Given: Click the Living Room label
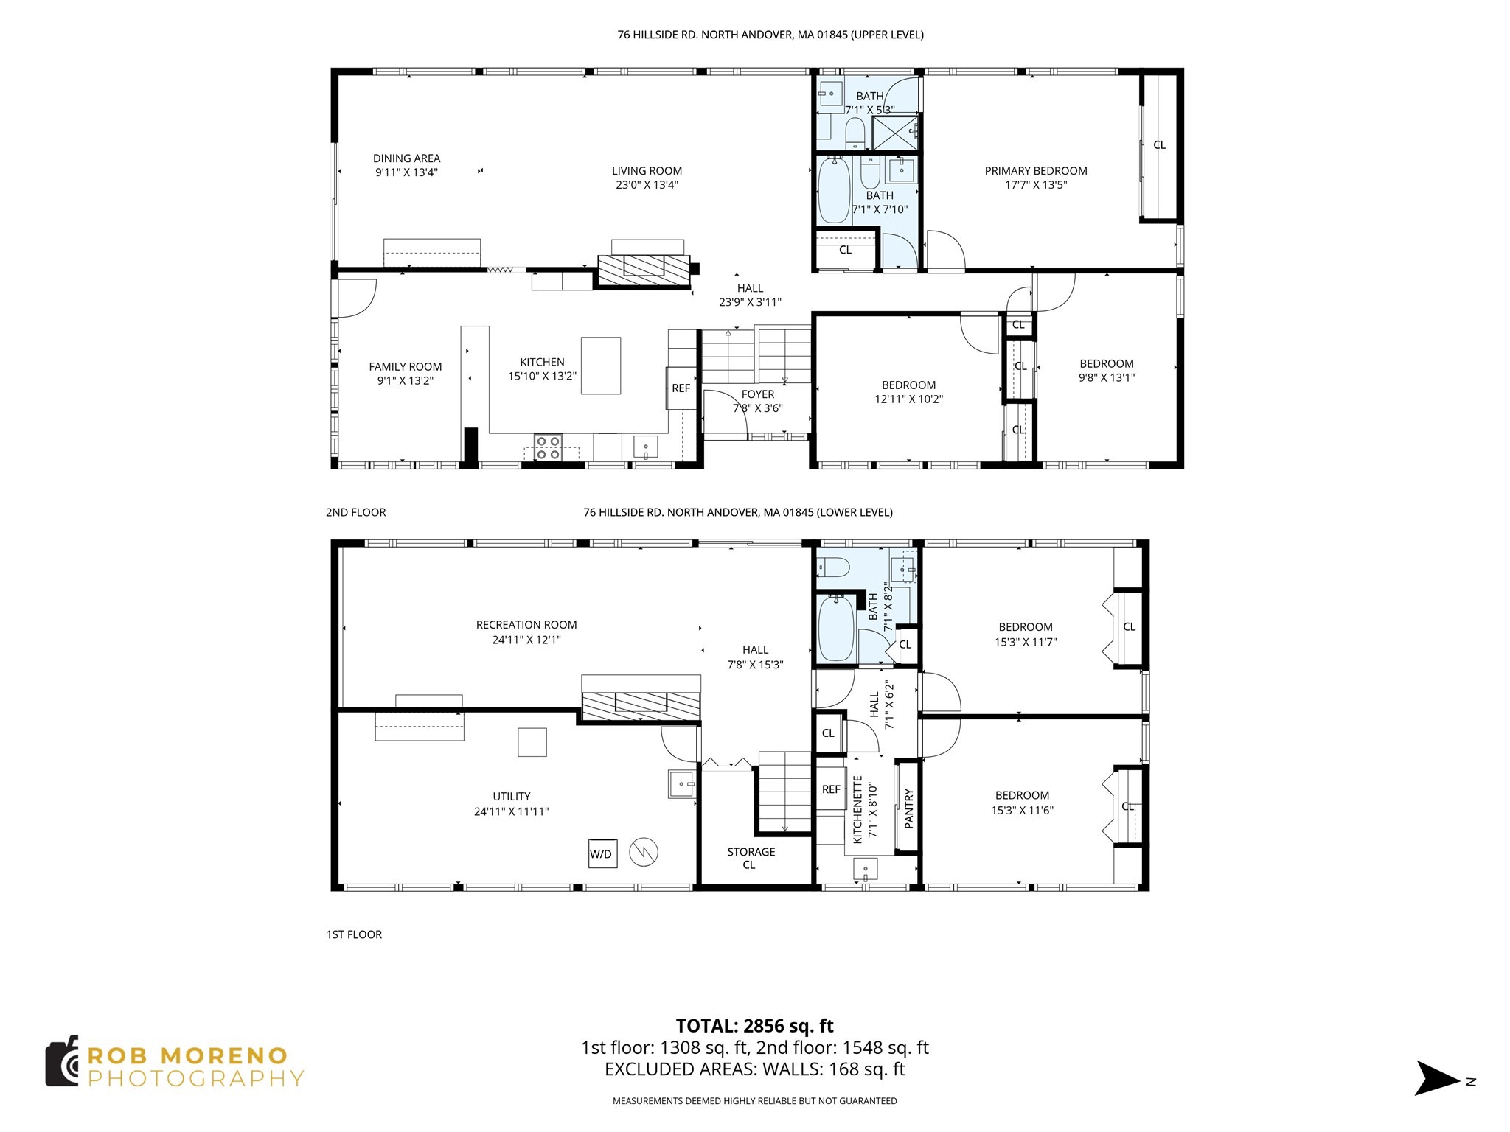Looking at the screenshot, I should click(647, 170).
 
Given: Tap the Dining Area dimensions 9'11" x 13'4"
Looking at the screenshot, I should click(406, 172).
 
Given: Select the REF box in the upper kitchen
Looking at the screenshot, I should click(681, 388).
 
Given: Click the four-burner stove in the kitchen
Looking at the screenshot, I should click(548, 447).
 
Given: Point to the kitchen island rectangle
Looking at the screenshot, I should click(600, 366).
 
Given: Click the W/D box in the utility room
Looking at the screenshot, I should click(602, 853).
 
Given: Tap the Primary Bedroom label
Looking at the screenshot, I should click(1035, 170).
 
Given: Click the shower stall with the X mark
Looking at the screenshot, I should click(894, 133).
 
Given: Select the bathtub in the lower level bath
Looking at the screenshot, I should click(836, 628).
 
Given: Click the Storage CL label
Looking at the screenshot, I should click(751, 858).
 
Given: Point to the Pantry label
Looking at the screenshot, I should click(908, 808).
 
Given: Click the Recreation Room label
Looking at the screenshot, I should click(526, 624).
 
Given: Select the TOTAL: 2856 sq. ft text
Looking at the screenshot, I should click(754, 1025).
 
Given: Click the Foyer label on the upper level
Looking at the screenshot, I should click(758, 394).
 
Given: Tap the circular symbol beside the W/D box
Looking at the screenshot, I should click(643, 853).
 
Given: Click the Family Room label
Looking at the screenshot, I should click(405, 366).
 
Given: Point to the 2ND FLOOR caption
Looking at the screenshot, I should click(355, 512).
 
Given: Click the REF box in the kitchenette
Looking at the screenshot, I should click(831, 789).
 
